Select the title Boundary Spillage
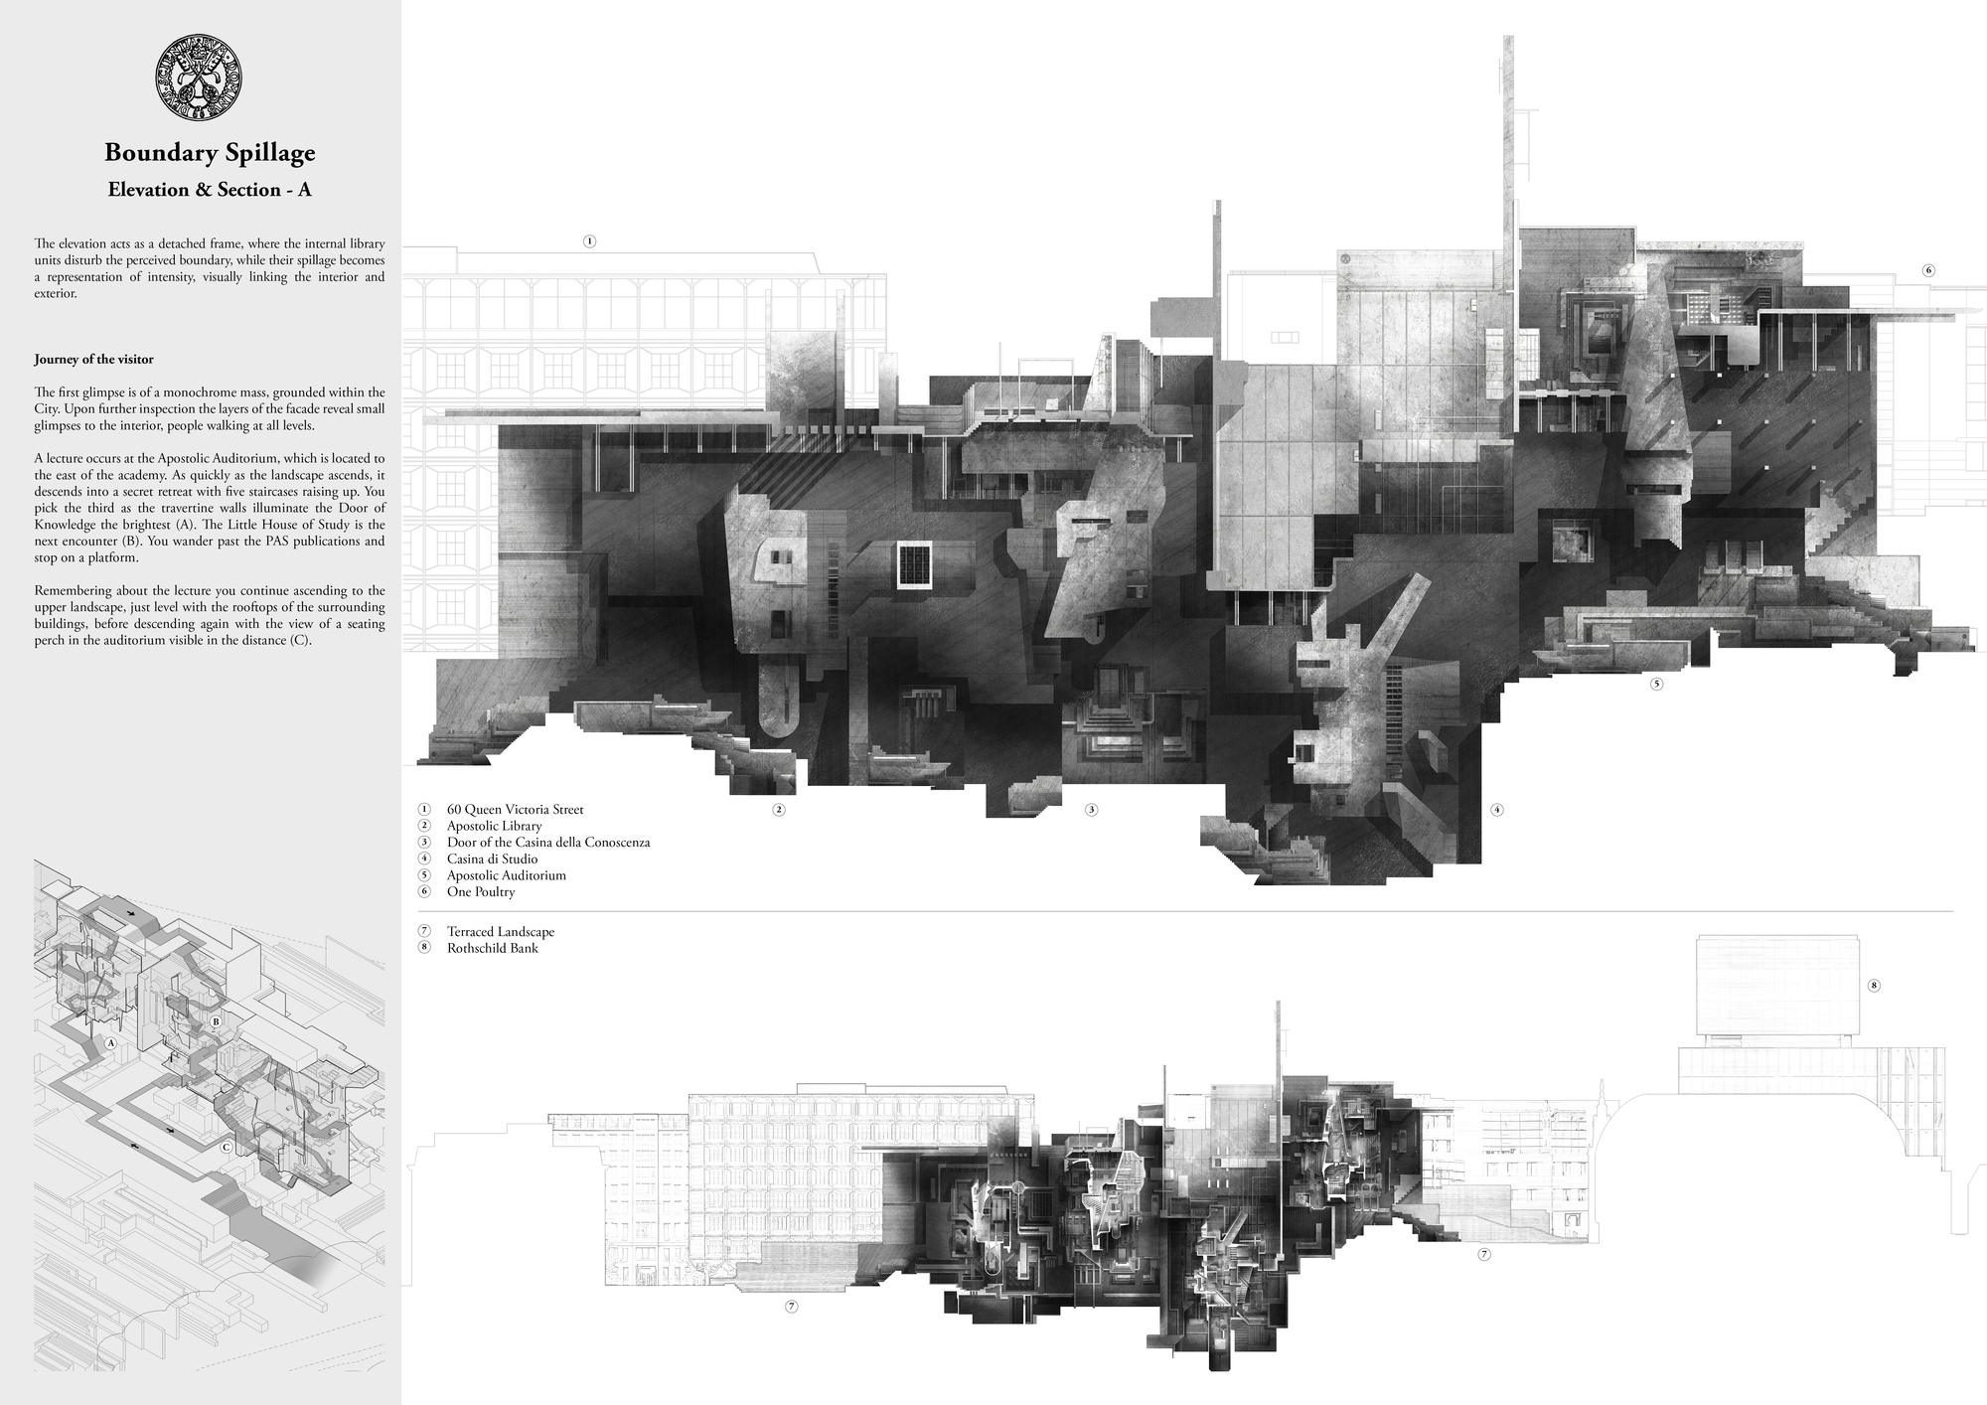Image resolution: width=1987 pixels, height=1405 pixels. (x=210, y=152)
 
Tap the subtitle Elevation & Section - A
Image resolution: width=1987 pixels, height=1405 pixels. (x=210, y=189)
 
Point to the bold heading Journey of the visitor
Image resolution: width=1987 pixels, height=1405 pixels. (x=93, y=359)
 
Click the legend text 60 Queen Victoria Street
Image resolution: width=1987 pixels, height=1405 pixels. (x=515, y=809)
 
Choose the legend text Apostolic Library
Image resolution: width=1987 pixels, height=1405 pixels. (x=494, y=826)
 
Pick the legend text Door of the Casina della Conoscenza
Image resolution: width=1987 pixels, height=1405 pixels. (x=547, y=842)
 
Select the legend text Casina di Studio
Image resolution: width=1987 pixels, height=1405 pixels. (x=492, y=859)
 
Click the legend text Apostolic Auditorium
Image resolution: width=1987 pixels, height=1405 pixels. (x=506, y=875)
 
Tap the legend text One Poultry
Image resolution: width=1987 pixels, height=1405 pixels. (x=480, y=891)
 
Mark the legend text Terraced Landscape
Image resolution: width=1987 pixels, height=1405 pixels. (x=500, y=932)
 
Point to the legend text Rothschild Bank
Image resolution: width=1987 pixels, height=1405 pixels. (x=492, y=948)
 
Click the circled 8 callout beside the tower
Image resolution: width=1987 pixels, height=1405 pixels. (x=1874, y=986)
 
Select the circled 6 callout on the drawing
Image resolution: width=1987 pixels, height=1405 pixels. (x=1928, y=270)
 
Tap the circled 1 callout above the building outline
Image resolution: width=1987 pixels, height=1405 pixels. (x=589, y=240)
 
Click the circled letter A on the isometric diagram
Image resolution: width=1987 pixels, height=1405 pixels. (x=111, y=1043)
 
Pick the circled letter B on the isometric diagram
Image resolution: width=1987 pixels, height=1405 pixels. (x=216, y=1021)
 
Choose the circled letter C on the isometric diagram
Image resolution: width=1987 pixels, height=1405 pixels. (x=227, y=1148)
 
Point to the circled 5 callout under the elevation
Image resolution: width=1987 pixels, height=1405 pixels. (x=1656, y=684)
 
